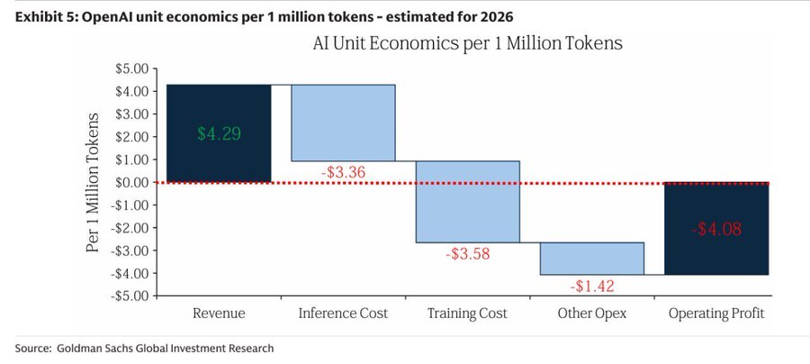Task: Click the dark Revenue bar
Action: (x=219, y=108)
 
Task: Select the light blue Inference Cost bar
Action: (x=343, y=123)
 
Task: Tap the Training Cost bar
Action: (x=467, y=202)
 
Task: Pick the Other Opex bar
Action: (x=591, y=258)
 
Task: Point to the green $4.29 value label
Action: (x=219, y=133)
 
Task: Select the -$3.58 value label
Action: (x=467, y=253)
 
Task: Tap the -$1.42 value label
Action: (x=591, y=286)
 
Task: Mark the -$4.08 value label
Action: (x=716, y=229)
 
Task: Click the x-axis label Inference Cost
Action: (x=343, y=314)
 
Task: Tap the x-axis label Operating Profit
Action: (x=716, y=314)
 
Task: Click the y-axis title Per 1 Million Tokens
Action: (x=93, y=182)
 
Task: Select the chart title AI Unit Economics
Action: (x=467, y=42)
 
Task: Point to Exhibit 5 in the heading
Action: (x=44, y=16)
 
